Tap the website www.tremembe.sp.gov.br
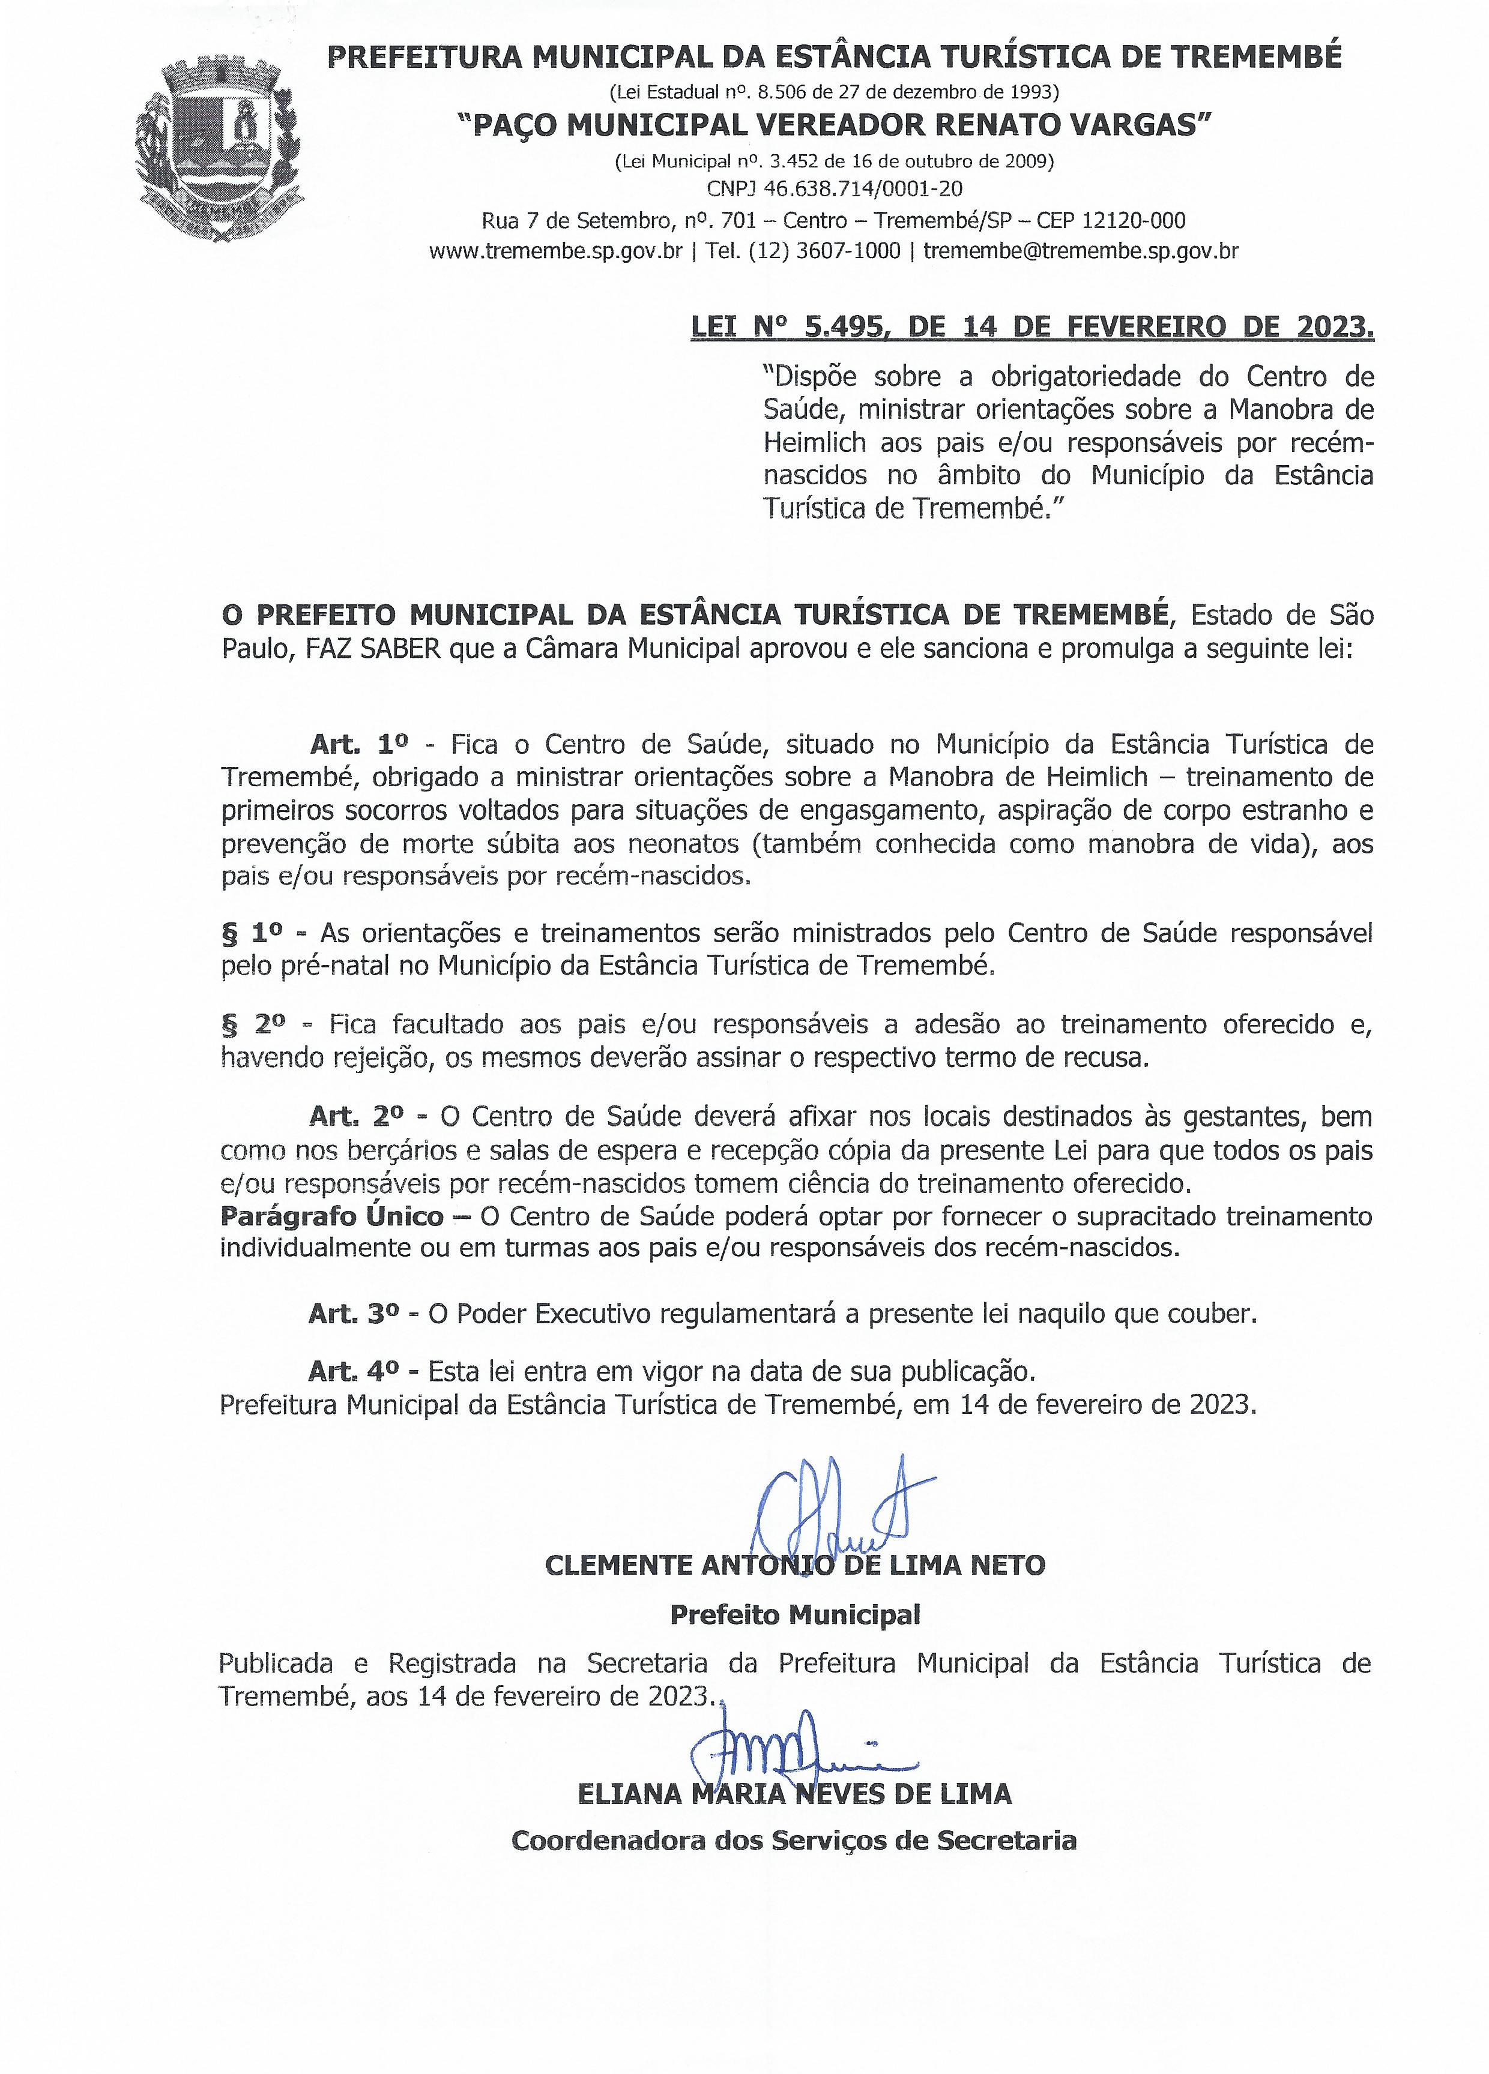click(555, 251)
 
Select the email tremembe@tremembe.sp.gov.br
click(1080, 251)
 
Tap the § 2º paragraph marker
click(253, 1024)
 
